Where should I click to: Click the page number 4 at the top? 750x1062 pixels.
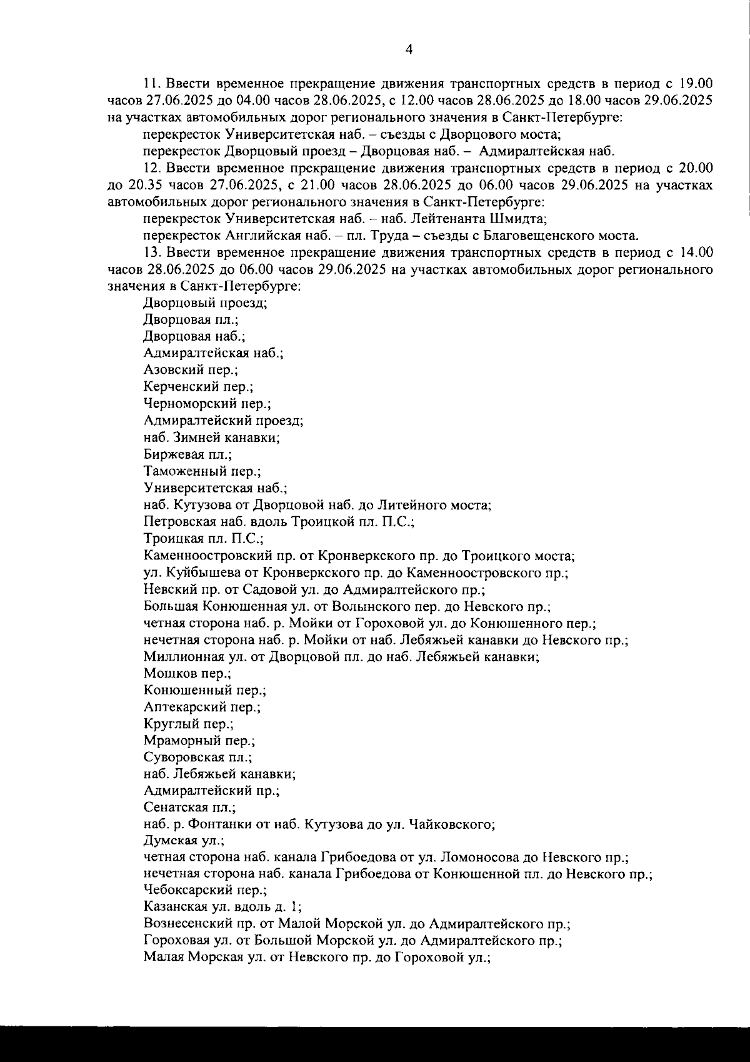click(409, 50)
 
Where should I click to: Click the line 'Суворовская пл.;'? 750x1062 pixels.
click(197, 758)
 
